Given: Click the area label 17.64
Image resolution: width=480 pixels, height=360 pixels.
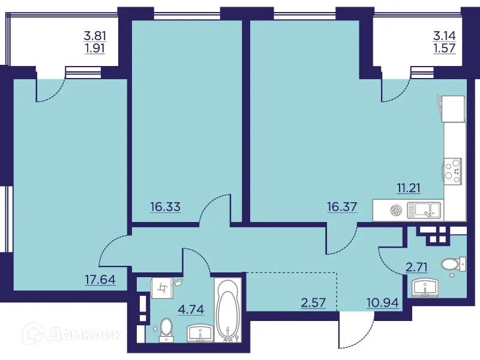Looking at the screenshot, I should point(101,278).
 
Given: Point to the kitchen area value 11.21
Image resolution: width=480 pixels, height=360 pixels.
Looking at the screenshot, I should point(408,188).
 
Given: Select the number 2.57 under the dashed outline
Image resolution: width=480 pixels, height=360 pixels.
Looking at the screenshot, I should point(313,302).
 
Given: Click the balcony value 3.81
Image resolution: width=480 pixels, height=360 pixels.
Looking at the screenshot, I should point(94,35).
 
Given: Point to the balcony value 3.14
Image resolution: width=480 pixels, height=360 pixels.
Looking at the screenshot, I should point(445,35).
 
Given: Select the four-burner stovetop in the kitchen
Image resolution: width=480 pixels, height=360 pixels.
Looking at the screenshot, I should point(454,170).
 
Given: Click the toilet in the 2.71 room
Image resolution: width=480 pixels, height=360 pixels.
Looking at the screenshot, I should point(452,264).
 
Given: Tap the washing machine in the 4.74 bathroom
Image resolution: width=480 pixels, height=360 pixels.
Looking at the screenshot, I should point(162,289).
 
